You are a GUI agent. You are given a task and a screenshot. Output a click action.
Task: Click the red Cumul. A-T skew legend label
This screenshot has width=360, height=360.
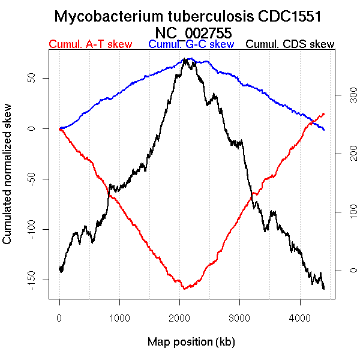pos(90,44)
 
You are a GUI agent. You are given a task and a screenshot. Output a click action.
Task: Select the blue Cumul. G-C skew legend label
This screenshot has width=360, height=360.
pos(191,44)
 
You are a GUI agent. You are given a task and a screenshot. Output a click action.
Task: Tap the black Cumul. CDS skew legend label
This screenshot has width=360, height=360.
pos(290,44)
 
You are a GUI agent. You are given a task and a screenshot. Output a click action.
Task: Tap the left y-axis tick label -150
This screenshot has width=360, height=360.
pos(38,279)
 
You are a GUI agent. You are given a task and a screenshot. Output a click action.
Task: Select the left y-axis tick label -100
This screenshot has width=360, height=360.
pos(38,229)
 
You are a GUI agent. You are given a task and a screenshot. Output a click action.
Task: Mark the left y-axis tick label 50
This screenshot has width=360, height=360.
pos(38,79)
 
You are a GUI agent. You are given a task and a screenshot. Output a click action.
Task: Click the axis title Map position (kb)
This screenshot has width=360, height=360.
pos(191,342)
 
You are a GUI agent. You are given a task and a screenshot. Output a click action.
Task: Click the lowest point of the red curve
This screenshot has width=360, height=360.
pos(184,289)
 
